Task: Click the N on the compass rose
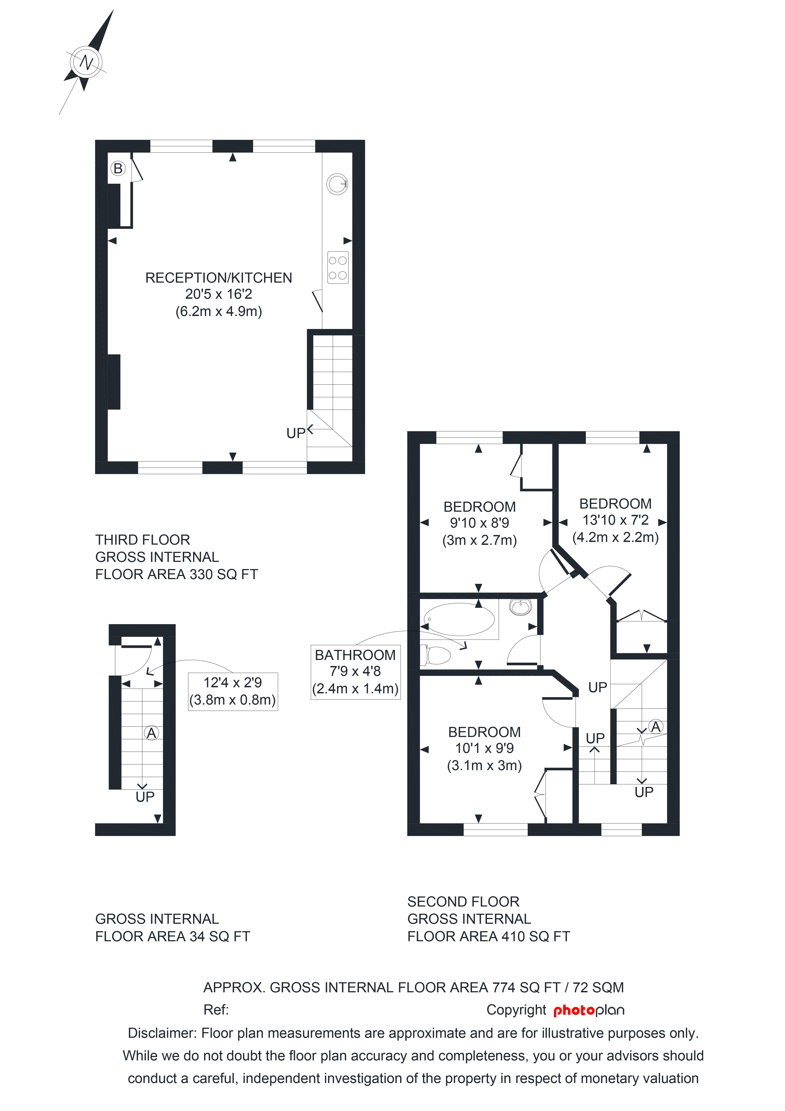(87, 62)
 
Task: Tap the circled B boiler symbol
(117, 168)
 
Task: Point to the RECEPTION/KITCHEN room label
(218, 278)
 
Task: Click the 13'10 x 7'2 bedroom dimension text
(615, 520)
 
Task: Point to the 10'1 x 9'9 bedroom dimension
(484, 748)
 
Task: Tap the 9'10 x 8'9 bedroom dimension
(480, 523)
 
